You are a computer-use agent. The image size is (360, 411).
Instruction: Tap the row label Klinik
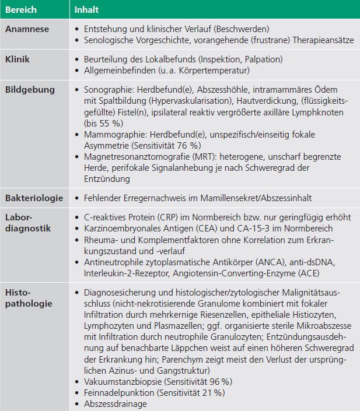tap(18, 59)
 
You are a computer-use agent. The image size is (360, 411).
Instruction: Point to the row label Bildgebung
tap(30, 90)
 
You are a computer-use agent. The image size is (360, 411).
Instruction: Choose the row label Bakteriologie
tap(34, 199)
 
